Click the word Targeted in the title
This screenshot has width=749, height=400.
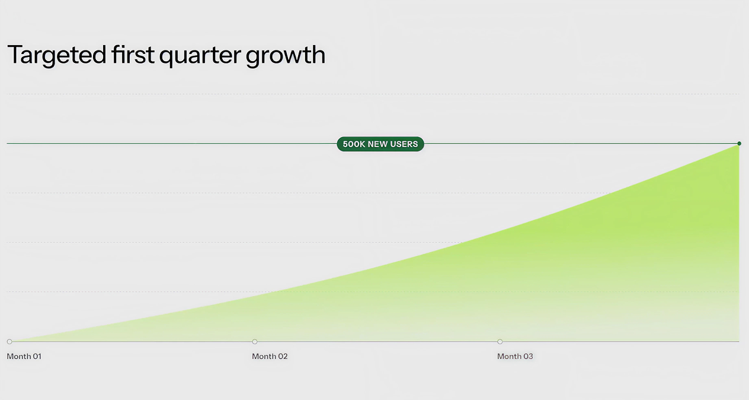57,55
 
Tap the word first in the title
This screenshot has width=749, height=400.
133,54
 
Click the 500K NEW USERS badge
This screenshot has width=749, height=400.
380,144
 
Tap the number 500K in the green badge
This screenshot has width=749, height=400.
354,144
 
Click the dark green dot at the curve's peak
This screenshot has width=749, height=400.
739,144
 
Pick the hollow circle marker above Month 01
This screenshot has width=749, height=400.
9,341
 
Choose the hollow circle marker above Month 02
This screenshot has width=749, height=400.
254,341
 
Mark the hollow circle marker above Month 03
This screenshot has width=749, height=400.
500,341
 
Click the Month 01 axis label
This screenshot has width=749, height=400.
24,356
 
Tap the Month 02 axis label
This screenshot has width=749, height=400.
270,356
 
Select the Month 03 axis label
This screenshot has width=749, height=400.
515,356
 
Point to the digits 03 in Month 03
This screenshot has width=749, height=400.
528,356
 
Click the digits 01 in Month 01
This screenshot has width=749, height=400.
37,356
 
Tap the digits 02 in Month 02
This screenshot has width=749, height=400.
283,356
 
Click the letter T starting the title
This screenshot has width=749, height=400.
15,54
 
